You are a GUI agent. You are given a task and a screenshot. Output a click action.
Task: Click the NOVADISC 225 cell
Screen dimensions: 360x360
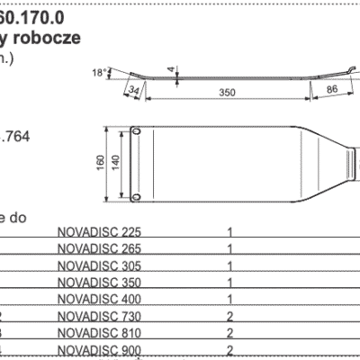[99, 232]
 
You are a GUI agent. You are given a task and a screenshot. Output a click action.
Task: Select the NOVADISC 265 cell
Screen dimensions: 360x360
[99, 248]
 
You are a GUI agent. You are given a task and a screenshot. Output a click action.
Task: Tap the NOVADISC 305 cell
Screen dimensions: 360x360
[99, 265]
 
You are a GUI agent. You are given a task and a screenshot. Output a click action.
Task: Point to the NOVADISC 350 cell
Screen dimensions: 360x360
[99, 283]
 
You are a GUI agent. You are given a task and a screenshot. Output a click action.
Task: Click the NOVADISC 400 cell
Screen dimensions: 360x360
[99, 299]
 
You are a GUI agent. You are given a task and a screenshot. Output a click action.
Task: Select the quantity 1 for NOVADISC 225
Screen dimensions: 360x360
[231, 232]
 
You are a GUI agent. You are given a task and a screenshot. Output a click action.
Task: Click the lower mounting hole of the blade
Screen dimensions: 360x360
[138, 193]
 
